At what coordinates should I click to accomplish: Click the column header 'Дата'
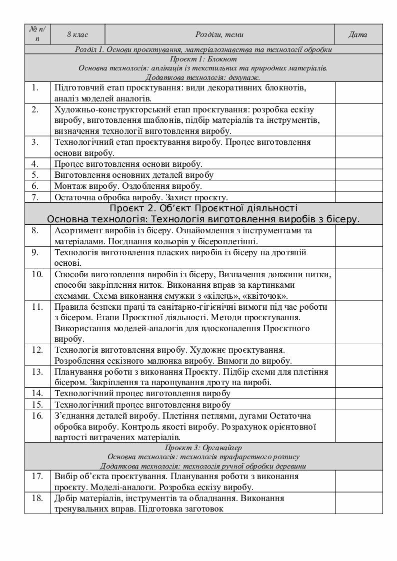[x=357, y=34]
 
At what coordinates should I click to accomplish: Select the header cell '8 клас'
[x=77, y=34]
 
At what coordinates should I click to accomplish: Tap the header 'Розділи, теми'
[x=219, y=34]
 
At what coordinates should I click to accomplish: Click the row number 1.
[x=35, y=87]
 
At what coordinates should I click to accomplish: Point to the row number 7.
[x=35, y=197]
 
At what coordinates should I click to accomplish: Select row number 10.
[x=37, y=274]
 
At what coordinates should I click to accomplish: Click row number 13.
[x=37, y=372]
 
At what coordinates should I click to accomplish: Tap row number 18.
[x=37, y=498]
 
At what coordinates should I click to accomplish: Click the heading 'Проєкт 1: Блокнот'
[x=203, y=59]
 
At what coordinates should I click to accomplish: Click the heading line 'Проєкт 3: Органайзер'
[x=203, y=447]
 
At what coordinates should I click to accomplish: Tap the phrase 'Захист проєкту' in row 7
[x=203, y=197]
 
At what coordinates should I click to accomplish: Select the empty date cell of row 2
[x=358, y=120]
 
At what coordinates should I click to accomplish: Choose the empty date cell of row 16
[x=358, y=427]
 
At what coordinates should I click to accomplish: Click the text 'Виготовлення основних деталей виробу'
[x=133, y=175]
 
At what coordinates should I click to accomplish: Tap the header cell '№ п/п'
[x=38, y=34]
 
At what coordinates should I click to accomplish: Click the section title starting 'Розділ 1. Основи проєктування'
[x=203, y=49]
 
